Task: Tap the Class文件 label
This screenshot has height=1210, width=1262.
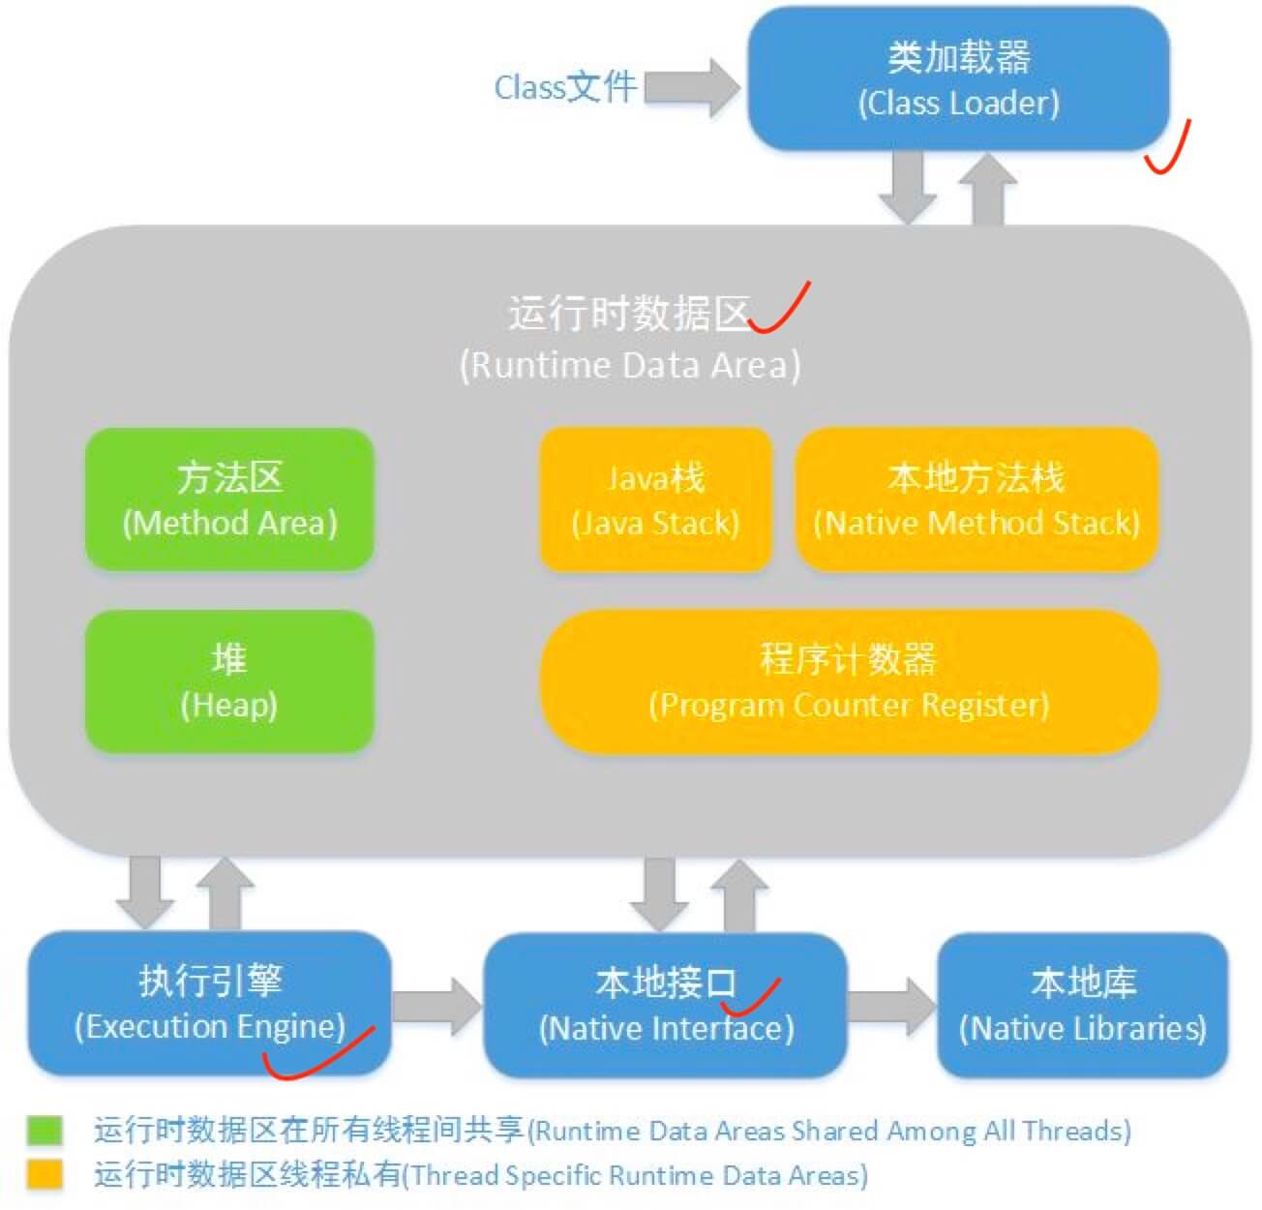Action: click(x=565, y=87)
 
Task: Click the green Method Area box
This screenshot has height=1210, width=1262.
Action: click(x=229, y=499)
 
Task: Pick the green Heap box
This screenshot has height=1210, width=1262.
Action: click(x=229, y=681)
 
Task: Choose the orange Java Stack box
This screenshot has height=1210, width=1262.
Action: click(x=655, y=499)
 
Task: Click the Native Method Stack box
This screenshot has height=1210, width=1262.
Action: click(x=976, y=499)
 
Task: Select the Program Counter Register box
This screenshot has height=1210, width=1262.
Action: click(x=848, y=681)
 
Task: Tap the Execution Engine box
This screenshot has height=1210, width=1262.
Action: click(x=209, y=1003)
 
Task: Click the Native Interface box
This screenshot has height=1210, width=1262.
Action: click(x=665, y=1005)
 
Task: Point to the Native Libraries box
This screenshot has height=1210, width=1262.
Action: click(x=1082, y=1005)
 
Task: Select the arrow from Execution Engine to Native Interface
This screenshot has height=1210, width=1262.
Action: click(x=436, y=1005)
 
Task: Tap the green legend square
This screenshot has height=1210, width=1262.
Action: click(x=45, y=1130)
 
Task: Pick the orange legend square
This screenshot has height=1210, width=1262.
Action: click(x=45, y=1174)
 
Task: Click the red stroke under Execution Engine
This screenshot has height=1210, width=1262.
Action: click(x=319, y=1055)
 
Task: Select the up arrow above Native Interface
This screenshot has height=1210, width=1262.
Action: click(x=740, y=895)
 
